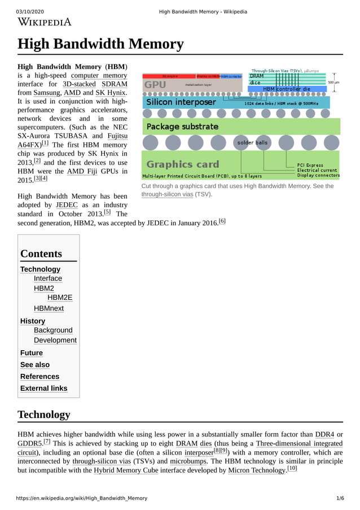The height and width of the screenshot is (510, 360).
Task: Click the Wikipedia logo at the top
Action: (x=45, y=22)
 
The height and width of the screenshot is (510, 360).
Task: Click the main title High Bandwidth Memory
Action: (x=101, y=44)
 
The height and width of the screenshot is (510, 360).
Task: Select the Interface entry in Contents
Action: (x=48, y=278)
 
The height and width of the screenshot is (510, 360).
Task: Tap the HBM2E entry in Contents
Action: (x=60, y=298)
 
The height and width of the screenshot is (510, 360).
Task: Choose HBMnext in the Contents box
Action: (x=49, y=308)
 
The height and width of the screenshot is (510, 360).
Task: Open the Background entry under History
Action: (x=53, y=330)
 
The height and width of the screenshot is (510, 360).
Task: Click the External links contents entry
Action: (x=43, y=389)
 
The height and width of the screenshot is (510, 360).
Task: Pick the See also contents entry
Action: (x=35, y=365)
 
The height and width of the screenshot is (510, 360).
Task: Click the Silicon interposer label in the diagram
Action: (x=181, y=102)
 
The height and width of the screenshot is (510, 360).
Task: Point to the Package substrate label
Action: (x=182, y=127)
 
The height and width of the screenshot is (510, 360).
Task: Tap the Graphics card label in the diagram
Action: (x=182, y=164)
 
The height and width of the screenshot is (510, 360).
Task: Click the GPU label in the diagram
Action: (x=155, y=85)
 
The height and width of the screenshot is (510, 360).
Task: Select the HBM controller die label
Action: (x=287, y=89)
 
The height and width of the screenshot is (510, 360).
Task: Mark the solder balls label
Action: (x=252, y=143)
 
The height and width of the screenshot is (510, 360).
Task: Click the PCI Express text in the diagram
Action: (x=310, y=165)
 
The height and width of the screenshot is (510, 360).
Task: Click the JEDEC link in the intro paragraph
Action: (x=67, y=204)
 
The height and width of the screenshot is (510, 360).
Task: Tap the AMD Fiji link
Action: (x=82, y=171)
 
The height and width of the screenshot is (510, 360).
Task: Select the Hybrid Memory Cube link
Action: (x=125, y=470)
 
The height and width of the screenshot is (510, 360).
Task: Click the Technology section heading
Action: (x=44, y=415)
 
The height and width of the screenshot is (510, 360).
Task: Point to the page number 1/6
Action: (x=340, y=498)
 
